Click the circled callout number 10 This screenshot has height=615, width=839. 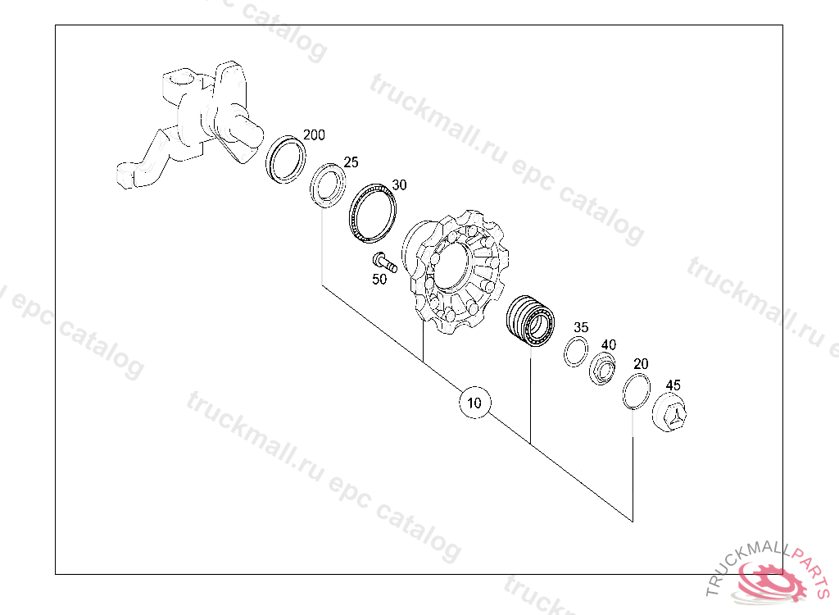click(x=474, y=403)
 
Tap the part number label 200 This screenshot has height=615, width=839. click(x=314, y=135)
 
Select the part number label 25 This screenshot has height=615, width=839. click(x=351, y=162)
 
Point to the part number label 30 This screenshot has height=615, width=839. click(x=399, y=184)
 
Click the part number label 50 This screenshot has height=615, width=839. click(x=379, y=279)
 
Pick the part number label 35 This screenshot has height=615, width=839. click(x=581, y=327)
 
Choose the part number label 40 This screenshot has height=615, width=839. click(x=609, y=344)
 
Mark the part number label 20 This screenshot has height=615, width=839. click(x=641, y=364)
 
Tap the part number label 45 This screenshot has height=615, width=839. click(x=673, y=385)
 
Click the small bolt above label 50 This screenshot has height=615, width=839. click(x=385, y=262)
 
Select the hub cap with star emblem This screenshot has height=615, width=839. click(x=669, y=412)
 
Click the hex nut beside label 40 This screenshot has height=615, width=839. click(x=602, y=368)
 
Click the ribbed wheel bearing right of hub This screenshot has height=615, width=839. click(x=530, y=321)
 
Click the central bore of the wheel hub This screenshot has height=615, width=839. click(x=450, y=270)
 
